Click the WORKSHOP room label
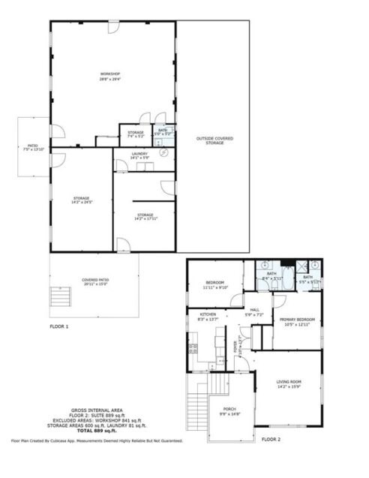(x=110, y=76)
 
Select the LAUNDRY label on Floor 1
(x=139, y=156)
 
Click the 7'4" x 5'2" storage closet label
(x=135, y=135)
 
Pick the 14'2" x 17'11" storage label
(x=145, y=217)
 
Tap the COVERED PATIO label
(x=95, y=282)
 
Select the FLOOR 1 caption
(x=59, y=327)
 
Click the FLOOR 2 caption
(x=270, y=438)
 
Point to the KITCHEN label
(x=207, y=317)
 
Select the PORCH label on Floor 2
(x=229, y=411)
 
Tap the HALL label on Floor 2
(x=254, y=312)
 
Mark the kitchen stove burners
(x=193, y=347)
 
